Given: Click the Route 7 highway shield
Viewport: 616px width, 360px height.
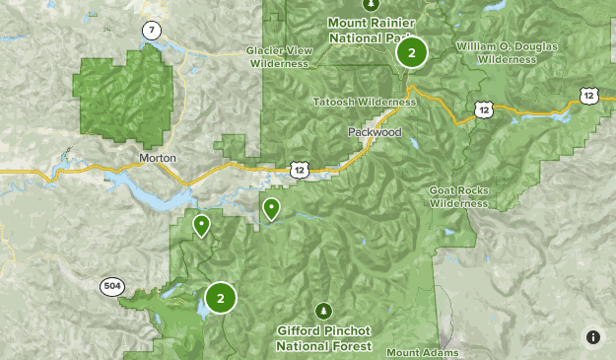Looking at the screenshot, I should tap(151, 31).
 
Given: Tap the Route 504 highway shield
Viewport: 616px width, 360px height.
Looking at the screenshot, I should tap(111, 286).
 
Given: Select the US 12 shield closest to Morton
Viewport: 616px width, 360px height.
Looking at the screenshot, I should tap(300, 170).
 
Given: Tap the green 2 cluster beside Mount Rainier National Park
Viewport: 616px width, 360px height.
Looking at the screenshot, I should tap(412, 52).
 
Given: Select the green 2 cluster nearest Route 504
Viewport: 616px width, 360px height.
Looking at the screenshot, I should tap(221, 297).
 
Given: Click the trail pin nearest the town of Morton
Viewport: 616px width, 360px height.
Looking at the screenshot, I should tap(202, 226).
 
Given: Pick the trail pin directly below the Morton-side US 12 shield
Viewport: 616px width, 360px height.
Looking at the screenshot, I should tap(270, 208).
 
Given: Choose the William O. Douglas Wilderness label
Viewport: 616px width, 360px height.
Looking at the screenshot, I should tap(507, 52).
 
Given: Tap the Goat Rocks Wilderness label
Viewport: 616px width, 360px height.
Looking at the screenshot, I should tap(458, 196).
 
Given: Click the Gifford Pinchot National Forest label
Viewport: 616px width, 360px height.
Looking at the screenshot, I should tap(323, 339).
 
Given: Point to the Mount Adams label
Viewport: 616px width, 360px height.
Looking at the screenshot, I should tap(416, 352).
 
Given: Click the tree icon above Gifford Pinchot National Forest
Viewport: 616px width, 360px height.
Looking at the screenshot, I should tap(323, 311).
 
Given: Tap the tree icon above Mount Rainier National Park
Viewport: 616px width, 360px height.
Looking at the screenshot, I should tap(371, 4).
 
